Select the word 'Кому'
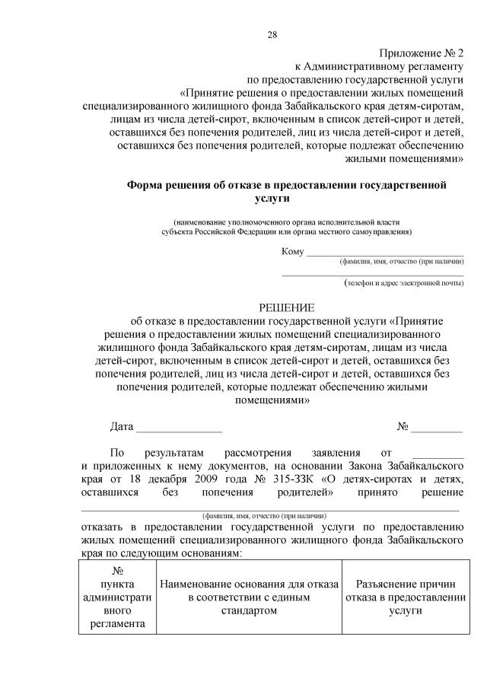(x=292, y=252)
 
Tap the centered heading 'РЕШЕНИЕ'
(x=287, y=307)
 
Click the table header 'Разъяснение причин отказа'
(x=405, y=591)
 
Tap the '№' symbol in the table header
(x=118, y=571)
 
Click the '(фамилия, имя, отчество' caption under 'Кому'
(x=402, y=261)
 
